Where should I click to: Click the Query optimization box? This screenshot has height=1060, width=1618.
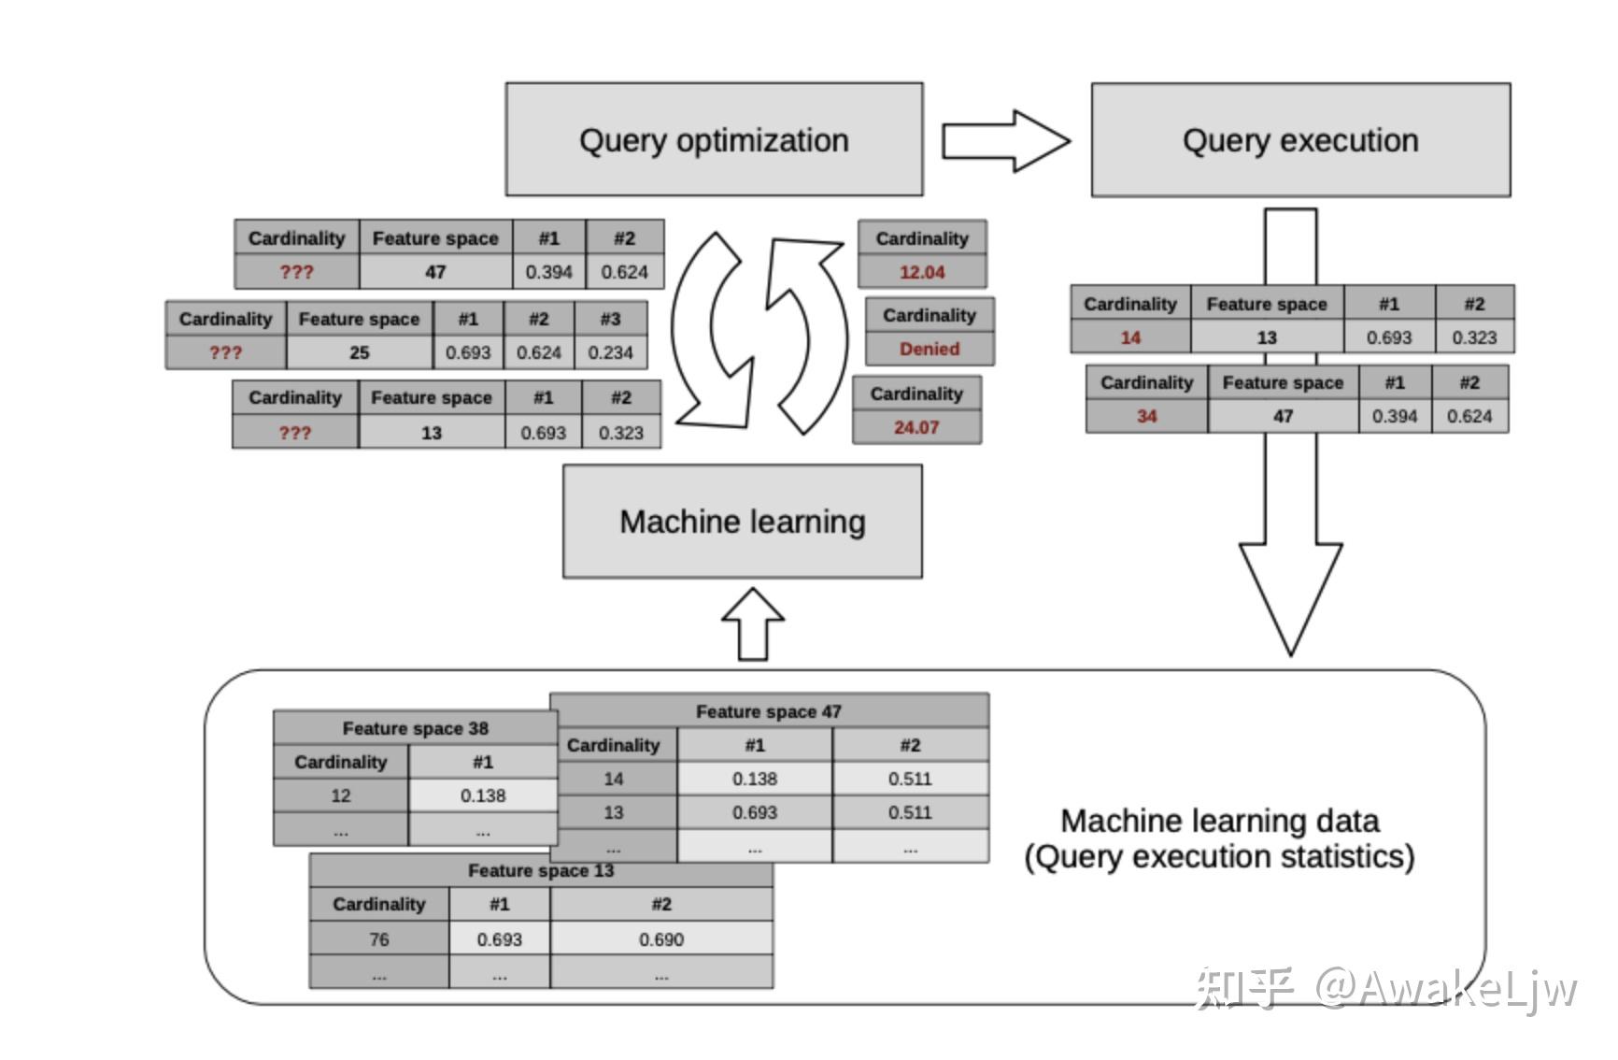[x=714, y=140]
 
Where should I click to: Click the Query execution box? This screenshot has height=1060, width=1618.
[x=1299, y=140]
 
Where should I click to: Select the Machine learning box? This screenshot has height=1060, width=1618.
[x=742, y=522]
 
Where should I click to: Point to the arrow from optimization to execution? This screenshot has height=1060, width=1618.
[x=1005, y=141]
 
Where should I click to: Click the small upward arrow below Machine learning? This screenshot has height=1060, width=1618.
[x=753, y=624]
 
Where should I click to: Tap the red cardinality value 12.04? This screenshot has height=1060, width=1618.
[x=922, y=272]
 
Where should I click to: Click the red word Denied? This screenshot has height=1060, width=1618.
[x=929, y=349]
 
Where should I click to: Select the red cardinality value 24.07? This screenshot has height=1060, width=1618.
[x=915, y=427]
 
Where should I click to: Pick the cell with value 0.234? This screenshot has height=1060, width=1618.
[x=610, y=352]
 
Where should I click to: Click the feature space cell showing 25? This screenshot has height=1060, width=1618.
[x=359, y=352]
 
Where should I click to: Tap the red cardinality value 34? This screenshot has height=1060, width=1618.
[x=1146, y=416]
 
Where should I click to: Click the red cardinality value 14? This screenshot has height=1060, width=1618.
[x=1130, y=337]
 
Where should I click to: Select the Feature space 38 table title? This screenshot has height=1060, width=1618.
[x=415, y=728]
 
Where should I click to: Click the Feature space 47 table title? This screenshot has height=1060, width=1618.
[x=768, y=711]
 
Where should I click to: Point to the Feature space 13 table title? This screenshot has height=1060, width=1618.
[x=540, y=871]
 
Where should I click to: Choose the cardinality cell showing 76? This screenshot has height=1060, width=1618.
[x=378, y=939]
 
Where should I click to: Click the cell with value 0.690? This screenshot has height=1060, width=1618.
[x=660, y=939]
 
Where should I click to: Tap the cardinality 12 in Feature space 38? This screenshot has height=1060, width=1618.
[x=340, y=795]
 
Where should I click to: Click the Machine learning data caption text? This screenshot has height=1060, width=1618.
[x=1219, y=838]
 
